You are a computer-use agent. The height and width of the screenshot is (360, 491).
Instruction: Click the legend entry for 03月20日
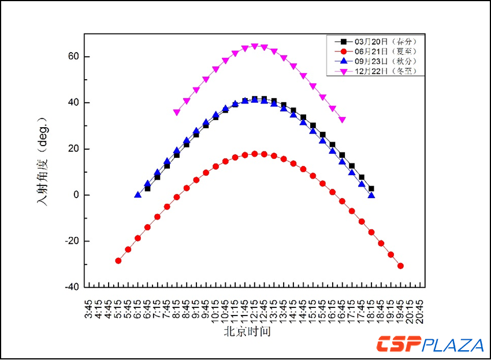click(x=384, y=42)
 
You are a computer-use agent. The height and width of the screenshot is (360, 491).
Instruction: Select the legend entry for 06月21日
click(x=384, y=51)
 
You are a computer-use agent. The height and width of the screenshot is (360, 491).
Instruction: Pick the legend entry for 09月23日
click(x=384, y=61)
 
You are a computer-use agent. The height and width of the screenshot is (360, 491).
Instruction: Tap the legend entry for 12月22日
click(x=384, y=71)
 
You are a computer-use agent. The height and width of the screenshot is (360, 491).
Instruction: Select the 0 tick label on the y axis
click(x=75, y=195)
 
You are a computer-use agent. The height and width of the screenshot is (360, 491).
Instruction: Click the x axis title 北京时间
click(x=247, y=332)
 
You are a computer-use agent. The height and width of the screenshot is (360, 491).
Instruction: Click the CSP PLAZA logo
click(x=430, y=345)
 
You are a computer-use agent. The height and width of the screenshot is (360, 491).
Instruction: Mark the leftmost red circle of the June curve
click(x=118, y=261)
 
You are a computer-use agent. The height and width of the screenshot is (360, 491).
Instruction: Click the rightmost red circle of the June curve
click(x=400, y=266)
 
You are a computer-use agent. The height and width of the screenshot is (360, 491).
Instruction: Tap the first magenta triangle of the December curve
click(x=177, y=112)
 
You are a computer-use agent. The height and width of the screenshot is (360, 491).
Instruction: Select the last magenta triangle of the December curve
click(x=342, y=120)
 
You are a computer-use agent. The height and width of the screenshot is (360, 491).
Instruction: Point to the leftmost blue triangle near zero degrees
click(x=137, y=195)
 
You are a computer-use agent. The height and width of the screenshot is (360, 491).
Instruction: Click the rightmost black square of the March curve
click(x=371, y=188)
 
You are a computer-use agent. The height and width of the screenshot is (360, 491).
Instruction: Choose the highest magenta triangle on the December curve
click(x=254, y=46)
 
